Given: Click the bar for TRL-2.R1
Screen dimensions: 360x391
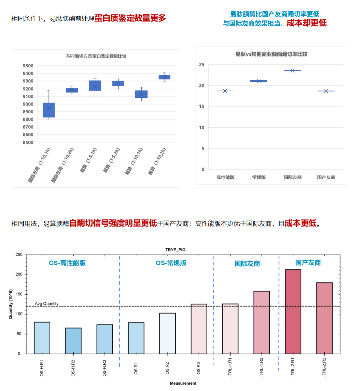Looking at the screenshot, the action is [293, 312].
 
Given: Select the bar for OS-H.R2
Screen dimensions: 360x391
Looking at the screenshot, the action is [73, 341].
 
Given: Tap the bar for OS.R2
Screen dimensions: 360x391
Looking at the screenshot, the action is [167, 333].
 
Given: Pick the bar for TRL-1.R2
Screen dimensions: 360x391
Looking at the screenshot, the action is [262, 322].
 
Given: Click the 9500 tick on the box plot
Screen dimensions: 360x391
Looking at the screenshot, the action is [28, 66].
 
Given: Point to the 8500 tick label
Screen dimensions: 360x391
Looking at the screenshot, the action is [28, 142].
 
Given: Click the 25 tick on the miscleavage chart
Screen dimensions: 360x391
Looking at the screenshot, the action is [202, 65].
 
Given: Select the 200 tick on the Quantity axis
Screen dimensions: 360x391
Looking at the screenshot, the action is [19, 274].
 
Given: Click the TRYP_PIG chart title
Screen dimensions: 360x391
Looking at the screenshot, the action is [175, 250].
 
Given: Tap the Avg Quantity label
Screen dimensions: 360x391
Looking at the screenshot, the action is [47, 304].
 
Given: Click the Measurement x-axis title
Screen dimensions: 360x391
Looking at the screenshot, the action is [183, 383].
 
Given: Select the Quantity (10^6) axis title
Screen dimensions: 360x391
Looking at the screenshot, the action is [10, 304].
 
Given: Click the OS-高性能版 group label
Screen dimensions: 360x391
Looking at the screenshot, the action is [67, 263].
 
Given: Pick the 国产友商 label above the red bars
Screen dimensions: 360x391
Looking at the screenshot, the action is [308, 263].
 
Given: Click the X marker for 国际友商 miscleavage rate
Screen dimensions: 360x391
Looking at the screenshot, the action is [292, 71].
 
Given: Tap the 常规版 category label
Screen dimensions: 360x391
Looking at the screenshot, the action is [259, 177].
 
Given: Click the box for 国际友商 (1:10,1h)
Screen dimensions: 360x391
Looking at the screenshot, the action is [49, 110].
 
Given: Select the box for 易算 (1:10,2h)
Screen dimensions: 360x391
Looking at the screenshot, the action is [164, 77].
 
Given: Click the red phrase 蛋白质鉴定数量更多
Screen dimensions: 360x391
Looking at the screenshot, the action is [130, 18].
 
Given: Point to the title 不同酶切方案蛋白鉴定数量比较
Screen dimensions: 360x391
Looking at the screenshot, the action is [96, 56].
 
